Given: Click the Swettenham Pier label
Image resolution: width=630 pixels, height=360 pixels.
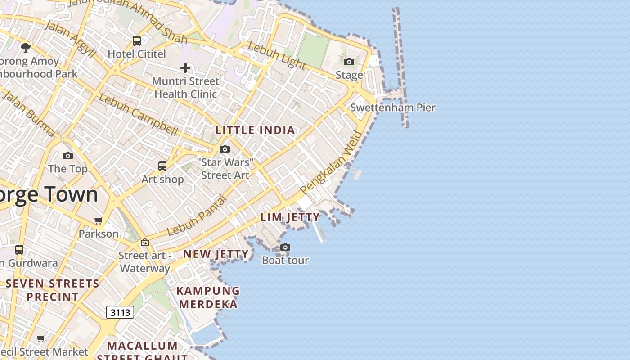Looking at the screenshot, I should tap(393, 108).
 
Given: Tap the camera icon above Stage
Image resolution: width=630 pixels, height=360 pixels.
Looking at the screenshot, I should tap(349, 62).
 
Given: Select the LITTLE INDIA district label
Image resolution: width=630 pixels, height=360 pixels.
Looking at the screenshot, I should tap(255, 130).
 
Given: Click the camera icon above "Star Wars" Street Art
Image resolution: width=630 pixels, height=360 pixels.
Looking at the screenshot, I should tap(225, 149).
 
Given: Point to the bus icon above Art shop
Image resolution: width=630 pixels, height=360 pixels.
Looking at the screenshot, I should tap(162, 166).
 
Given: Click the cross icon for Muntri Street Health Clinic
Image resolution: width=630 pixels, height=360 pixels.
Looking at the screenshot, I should tap(185, 68).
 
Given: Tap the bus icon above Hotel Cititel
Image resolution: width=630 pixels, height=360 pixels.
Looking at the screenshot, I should tap(137, 41).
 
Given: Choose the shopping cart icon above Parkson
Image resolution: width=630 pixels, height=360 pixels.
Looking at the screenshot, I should tap(99, 220).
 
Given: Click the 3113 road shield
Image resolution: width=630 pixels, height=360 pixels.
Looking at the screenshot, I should tap(120, 312).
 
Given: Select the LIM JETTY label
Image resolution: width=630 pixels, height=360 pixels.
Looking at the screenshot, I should tap(290, 217).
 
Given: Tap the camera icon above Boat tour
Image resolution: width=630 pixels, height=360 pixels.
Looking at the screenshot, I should tap(285, 247).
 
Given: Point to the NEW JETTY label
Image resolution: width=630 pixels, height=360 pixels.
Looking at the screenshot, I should tap(216, 254).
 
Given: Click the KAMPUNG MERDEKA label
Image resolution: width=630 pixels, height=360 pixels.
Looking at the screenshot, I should tap(208, 297).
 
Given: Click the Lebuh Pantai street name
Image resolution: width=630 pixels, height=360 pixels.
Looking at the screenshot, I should tap(196, 216).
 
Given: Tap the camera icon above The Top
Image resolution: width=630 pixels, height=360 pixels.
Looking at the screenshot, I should tap(68, 156).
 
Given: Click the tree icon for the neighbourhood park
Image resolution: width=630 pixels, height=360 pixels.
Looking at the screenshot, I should tap(26, 47).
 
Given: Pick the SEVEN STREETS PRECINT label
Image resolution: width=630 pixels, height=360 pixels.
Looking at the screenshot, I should tap(53, 290).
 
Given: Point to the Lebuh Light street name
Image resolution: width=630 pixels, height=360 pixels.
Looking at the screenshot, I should tap(277, 55).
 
